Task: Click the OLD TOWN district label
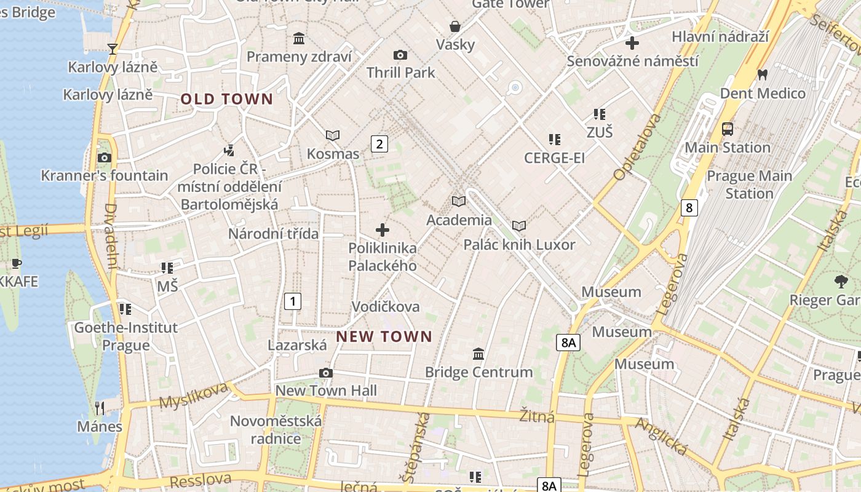[x=226, y=99]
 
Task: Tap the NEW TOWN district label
[x=384, y=336]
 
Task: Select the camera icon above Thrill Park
[x=400, y=55]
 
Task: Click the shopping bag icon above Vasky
[x=455, y=26]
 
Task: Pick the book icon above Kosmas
[x=333, y=135]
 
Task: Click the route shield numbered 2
[x=379, y=144]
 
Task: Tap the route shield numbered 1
[x=293, y=301]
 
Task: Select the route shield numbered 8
[x=689, y=208]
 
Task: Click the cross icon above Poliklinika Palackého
[x=383, y=230]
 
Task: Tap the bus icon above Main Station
[x=728, y=129]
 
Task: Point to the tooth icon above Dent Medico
[x=763, y=75]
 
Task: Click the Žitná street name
[x=538, y=416]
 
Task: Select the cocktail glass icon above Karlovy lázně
[x=113, y=49]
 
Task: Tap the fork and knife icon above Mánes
[x=100, y=408]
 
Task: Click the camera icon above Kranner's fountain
[x=105, y=157]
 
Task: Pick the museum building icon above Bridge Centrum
[x=478, y=354]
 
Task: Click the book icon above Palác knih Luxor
[x=519, y=226]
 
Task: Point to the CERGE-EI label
[x=554, y=158]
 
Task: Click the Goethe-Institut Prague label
[x=126, y=336]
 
